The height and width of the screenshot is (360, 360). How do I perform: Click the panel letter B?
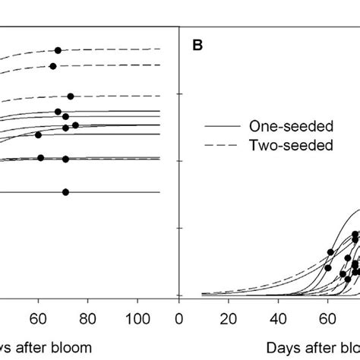pyautogui.click(x=197, y=45)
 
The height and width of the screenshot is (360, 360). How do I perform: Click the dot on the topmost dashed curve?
pyautogui.click(x=58, y=50)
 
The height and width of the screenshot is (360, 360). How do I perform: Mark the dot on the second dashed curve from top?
pyautogui.click(x=53, y=66)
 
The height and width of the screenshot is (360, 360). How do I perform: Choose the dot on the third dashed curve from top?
pyautogui.click(x=71, y=96)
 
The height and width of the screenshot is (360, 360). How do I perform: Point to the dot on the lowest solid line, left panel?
pyautogui.click(x=65, y=192)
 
